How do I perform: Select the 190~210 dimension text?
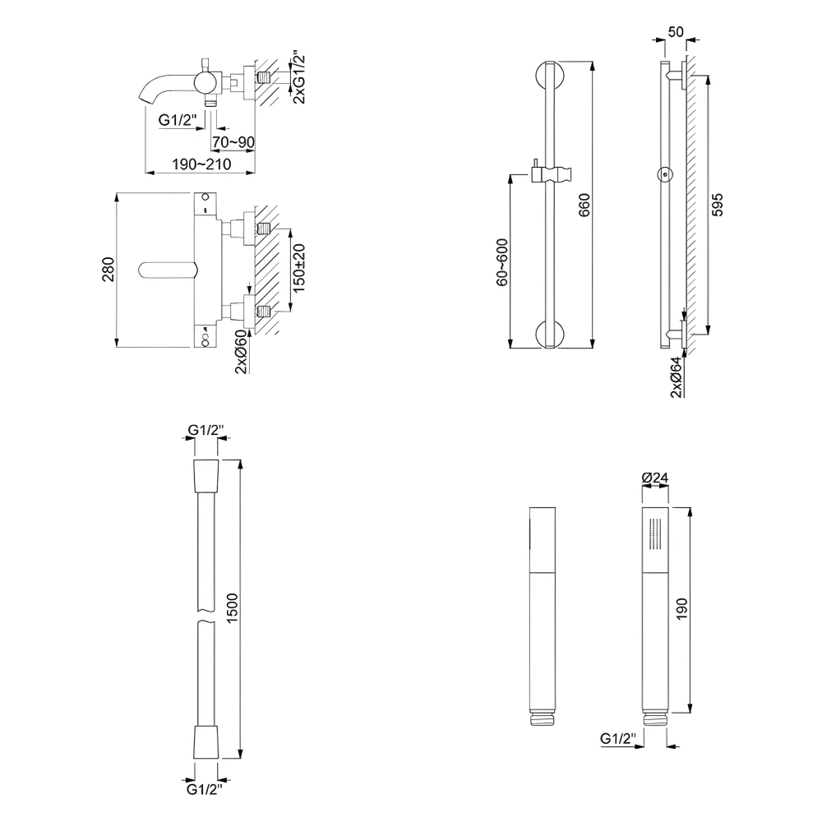coord(195,164)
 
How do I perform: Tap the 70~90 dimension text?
coord(233,142)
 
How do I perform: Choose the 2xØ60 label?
coord(240,351)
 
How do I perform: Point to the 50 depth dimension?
coord(676,32)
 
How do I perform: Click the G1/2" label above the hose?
coord(205,430)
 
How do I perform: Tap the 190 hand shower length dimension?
coord(681,609)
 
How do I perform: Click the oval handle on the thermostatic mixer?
coord(170,270)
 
